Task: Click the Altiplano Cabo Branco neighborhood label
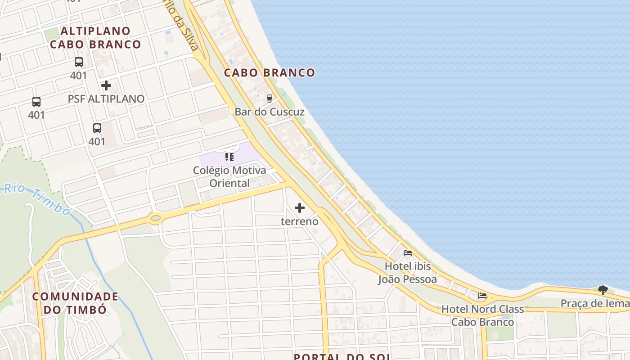(x=95, y=38)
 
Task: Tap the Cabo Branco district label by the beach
(x=270, y=72)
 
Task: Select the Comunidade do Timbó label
(x=75, y=303)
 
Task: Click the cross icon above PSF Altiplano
(x=106, y=85)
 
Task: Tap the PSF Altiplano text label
(x=106, y=99)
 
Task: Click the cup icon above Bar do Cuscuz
(x=270, y=98)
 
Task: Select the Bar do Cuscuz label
(x=270, y=112)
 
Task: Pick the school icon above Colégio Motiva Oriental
(x=229, y=157)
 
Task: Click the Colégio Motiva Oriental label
(x=229, y=176)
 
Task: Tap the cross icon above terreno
(x=300, y=208)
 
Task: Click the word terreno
(x=300, y=221)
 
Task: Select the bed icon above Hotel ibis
(x=408, y=253)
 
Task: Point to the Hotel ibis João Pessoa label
(x=408, y=273)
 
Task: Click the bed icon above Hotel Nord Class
(x=482, y=296)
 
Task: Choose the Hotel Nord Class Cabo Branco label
(x=482, y=315)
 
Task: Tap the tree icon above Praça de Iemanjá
(x=603, y=290)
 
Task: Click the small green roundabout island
(x=156, y=219)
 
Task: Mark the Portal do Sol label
(x=342, y=356)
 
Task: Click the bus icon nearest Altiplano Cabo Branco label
(x=79, y=62)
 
